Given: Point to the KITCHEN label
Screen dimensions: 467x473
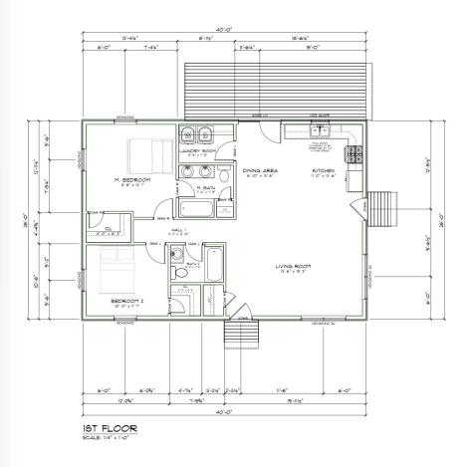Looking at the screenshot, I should pos(325,170).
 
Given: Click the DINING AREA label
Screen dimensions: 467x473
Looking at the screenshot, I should pos(261,170).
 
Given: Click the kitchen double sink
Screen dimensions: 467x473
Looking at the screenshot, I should pos(320,130).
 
